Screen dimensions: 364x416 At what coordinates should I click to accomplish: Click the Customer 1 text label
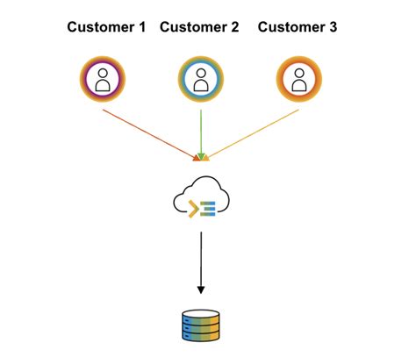107,27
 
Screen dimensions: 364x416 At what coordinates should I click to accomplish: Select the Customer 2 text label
199,27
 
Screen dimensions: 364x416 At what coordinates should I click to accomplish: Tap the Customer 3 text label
297,27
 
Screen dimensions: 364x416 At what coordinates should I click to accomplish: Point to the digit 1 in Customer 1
141,27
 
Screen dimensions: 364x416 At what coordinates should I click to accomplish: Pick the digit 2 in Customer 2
234,27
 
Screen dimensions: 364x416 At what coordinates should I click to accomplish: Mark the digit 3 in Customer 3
332,27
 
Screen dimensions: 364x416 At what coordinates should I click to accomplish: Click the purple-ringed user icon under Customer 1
104,79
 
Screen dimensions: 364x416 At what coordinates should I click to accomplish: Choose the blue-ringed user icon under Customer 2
201,79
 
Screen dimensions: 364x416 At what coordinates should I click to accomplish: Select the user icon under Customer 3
298,79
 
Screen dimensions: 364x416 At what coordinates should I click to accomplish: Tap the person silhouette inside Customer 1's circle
104,81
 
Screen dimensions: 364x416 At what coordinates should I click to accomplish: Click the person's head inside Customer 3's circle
298,74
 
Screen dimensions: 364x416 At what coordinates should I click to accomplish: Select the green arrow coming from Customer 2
201,132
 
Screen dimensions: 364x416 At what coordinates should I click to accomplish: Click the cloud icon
201,200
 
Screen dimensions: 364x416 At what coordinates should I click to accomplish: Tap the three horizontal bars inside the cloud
209,208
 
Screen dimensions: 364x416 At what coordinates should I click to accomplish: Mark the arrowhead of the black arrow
201,289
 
